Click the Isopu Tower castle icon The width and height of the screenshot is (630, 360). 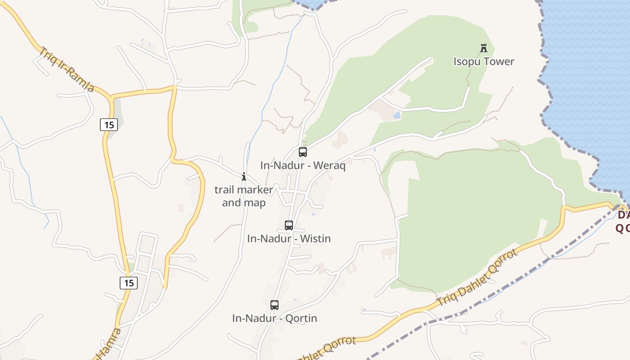click(484, 48)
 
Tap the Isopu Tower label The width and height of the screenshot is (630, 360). click(484, 62)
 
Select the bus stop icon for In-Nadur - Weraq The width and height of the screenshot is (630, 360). click(303, 152)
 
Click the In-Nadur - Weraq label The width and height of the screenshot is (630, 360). click(303, 166)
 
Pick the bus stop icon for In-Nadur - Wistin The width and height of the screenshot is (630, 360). click(289, 225)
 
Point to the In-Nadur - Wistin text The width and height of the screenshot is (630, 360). click(289, 238)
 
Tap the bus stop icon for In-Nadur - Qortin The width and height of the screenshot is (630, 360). click(274, 305)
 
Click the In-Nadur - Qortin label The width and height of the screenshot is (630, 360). click(274, 319)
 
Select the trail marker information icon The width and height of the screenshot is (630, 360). click(244, 177)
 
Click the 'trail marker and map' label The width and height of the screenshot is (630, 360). click(244, 196)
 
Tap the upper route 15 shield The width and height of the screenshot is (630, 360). click(109, 125)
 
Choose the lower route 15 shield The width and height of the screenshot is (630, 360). click(129, 283)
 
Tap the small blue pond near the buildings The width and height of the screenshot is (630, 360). click(396, 115)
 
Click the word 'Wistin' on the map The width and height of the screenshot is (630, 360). click(315, 238)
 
